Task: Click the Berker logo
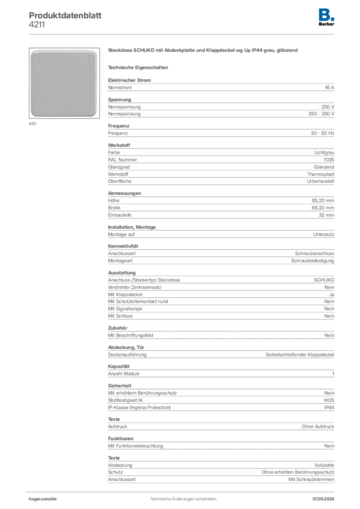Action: [326, 17]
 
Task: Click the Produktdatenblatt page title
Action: [65, 15]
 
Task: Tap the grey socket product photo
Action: [64, 83]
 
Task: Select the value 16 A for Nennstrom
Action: [330, 87]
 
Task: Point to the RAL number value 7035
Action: [329, 160]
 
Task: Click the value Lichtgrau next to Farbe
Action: [324, 153]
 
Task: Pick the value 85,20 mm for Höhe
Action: [323, 201]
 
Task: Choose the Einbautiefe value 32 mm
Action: [326, 215]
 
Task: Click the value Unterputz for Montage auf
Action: [324, 235]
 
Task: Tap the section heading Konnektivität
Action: [123, 246]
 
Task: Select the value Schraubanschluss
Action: [315, 253]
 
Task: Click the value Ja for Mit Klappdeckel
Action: [332, 294]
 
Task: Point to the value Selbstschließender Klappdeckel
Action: [300, 354]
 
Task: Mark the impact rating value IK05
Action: [329, 400]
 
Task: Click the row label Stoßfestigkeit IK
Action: [125, 400]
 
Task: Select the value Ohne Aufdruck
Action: [318, 426]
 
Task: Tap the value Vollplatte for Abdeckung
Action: [324, 465]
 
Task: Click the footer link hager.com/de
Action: [43, 499]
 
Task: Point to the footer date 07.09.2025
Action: [323, 499]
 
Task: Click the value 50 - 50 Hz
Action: [323, 133]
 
